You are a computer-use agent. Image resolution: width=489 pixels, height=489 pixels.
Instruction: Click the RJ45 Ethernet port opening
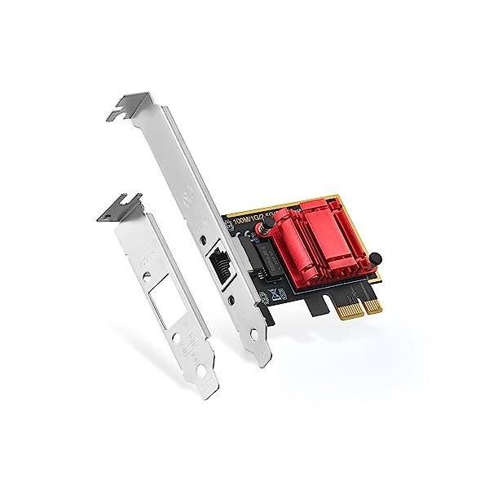[221, 264]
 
